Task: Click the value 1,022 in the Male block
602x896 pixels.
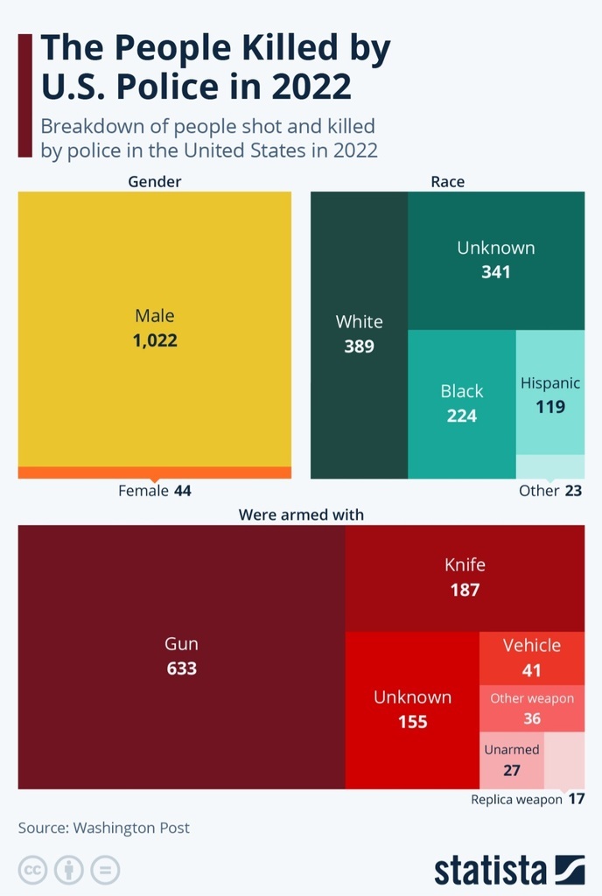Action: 155,340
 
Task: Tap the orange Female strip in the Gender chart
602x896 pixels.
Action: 155,472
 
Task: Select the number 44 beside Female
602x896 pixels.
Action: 182,491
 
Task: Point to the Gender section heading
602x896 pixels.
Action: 155,182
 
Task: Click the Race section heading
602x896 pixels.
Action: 447,182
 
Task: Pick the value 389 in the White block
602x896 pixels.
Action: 359,346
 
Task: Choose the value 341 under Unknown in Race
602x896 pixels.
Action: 495,272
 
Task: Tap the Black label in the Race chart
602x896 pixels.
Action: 461,391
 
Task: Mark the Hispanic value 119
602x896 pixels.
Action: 550,407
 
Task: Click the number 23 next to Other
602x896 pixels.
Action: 573,491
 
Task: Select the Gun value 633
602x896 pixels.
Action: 182,669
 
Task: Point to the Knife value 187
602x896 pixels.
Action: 465,590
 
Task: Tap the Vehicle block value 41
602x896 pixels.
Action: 532,671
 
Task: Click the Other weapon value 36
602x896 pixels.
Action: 532,719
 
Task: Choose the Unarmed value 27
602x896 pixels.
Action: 512,771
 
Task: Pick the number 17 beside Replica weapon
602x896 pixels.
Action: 576,799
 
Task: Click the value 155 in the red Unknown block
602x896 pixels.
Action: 412,723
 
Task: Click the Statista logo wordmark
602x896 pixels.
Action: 491,871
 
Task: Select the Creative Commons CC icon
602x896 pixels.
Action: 33,871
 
